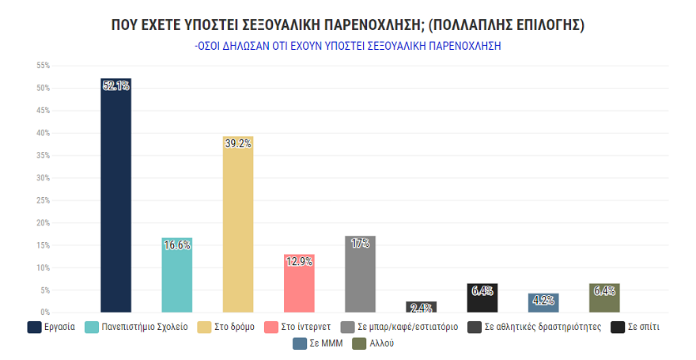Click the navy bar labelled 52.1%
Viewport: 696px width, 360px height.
115,198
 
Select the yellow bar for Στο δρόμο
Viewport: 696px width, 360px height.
238,225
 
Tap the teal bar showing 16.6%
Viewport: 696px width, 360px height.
176,277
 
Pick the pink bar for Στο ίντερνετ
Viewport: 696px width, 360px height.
299,285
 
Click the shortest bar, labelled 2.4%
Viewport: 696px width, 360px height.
422,307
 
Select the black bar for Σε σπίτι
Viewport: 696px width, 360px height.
482,298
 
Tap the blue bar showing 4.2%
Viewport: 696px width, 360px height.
543,303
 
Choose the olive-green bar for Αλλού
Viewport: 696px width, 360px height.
604,298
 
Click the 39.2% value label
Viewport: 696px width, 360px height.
238,143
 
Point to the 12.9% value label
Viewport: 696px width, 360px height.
299,261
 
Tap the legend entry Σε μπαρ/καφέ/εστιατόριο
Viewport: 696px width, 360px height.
401,327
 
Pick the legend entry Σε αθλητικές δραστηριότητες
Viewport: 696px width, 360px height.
539,327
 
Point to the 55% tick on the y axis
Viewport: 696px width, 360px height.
43,66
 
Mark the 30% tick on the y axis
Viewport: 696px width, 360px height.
43,178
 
